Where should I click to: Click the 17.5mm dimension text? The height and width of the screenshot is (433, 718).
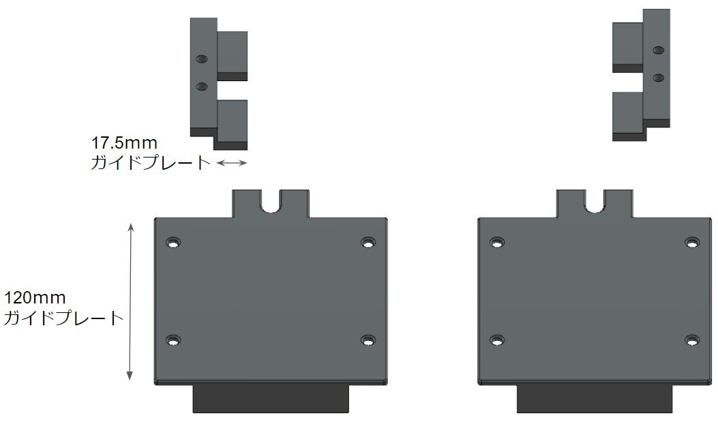click(124, 143)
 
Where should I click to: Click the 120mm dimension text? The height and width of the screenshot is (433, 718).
click(35, 298)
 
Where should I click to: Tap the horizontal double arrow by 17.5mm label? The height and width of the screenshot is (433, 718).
click(232, 162)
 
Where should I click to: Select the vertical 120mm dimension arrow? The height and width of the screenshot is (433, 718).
click(130, 301)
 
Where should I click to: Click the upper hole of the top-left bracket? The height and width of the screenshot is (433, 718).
click(201, 59)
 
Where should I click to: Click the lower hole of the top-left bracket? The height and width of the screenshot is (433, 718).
click(201, 87)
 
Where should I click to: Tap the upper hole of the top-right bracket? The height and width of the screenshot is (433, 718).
click(659, 50)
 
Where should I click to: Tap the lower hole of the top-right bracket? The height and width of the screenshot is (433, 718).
click(659, 78)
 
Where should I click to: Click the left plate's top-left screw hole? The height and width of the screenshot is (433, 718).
click(173, 242)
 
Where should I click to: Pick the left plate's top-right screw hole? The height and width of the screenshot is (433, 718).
click(368, 242)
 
